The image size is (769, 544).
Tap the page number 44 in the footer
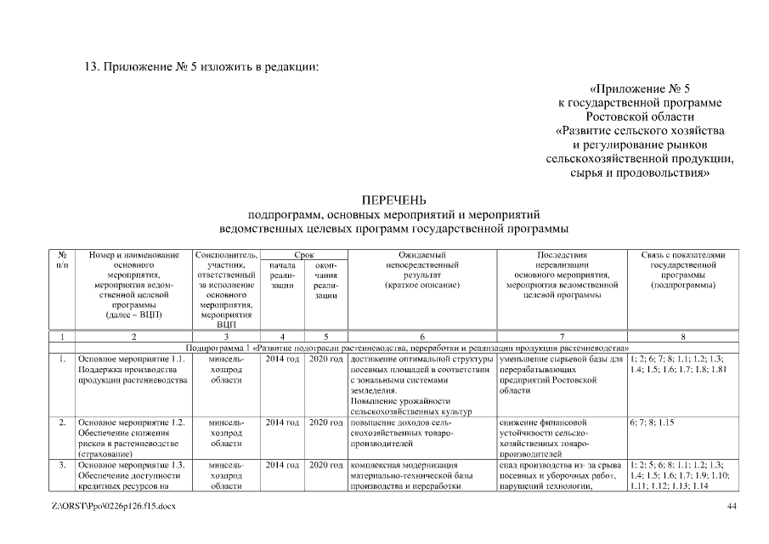coord(732,507)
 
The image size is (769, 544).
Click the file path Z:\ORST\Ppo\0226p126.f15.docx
coord(113,507)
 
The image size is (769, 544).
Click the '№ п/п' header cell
coord(62,259)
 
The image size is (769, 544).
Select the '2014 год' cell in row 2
coord(281,422)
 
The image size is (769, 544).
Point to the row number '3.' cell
coord(62,465)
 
